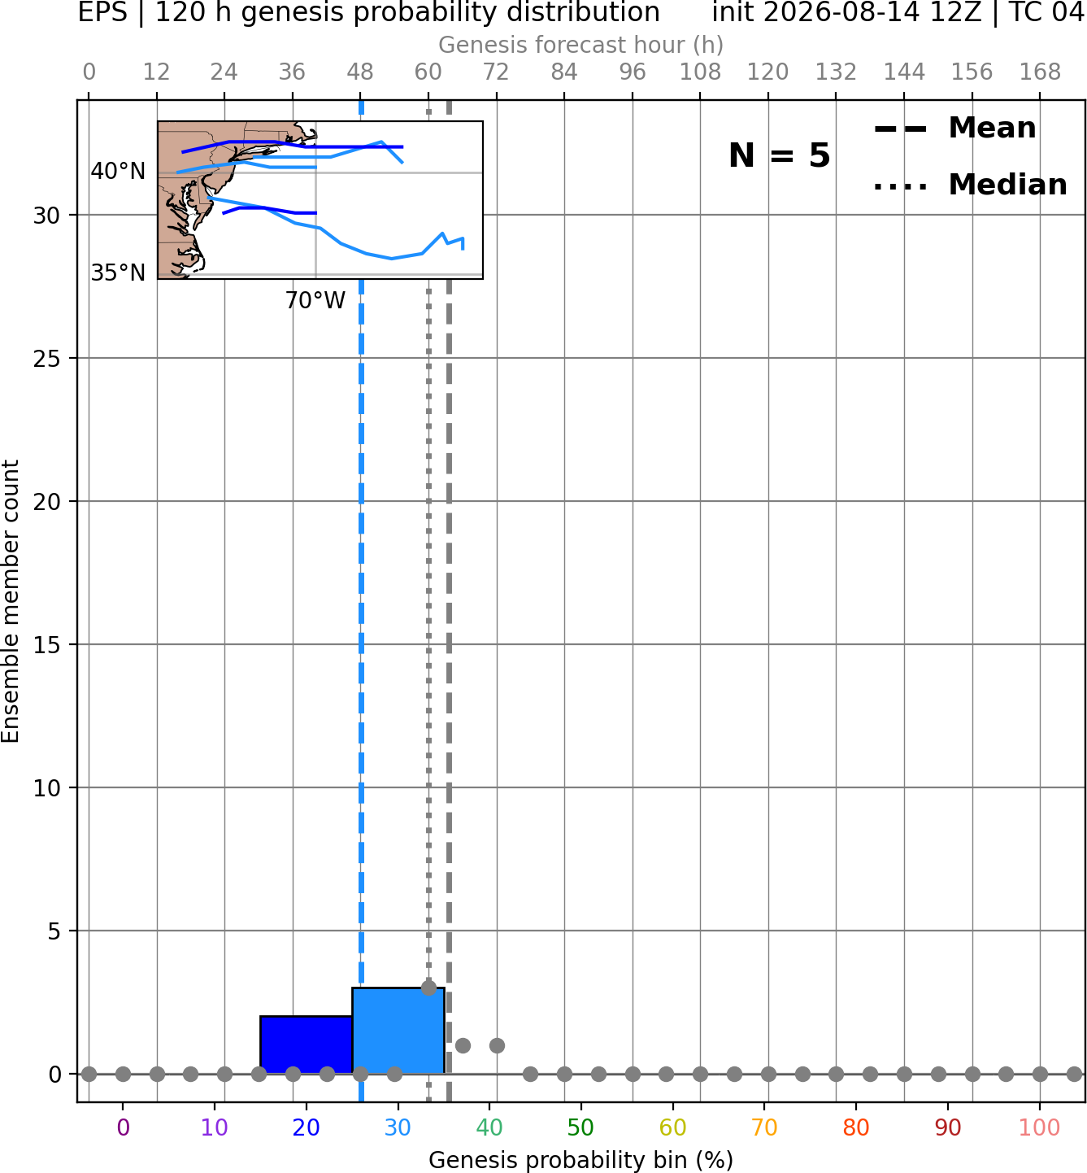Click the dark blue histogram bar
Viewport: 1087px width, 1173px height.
click(307, 1044)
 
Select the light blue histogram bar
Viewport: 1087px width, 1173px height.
click(398, 1031)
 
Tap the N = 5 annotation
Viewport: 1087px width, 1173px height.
click(780, 155)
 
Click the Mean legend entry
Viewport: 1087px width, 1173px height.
click(954, 128)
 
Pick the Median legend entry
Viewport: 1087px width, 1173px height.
click(970, 185)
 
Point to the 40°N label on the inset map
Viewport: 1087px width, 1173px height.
click(118, 172)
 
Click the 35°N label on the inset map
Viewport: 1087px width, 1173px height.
click(118, 273)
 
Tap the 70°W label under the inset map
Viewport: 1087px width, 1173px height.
click(315, 301)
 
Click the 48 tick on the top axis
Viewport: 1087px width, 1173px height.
click(360, 72)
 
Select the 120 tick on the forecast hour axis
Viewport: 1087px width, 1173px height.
click(767, 72)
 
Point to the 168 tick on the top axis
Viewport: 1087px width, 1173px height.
click(1040, 72)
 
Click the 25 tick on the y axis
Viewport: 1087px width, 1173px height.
click(47, 359)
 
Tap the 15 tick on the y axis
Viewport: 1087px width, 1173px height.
click(47, 644)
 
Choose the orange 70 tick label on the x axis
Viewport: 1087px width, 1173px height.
click(764, 1127)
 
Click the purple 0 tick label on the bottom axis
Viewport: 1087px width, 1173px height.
click(123, 1127)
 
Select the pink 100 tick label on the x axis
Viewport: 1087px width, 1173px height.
click(1040, 1127)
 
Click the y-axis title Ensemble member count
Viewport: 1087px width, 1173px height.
click(11, 601)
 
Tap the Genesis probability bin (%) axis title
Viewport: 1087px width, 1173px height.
click(581, 1160)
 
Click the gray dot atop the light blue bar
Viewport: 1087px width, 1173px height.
click(428, 988)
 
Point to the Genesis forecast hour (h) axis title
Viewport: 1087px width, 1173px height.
click(581, 45)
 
